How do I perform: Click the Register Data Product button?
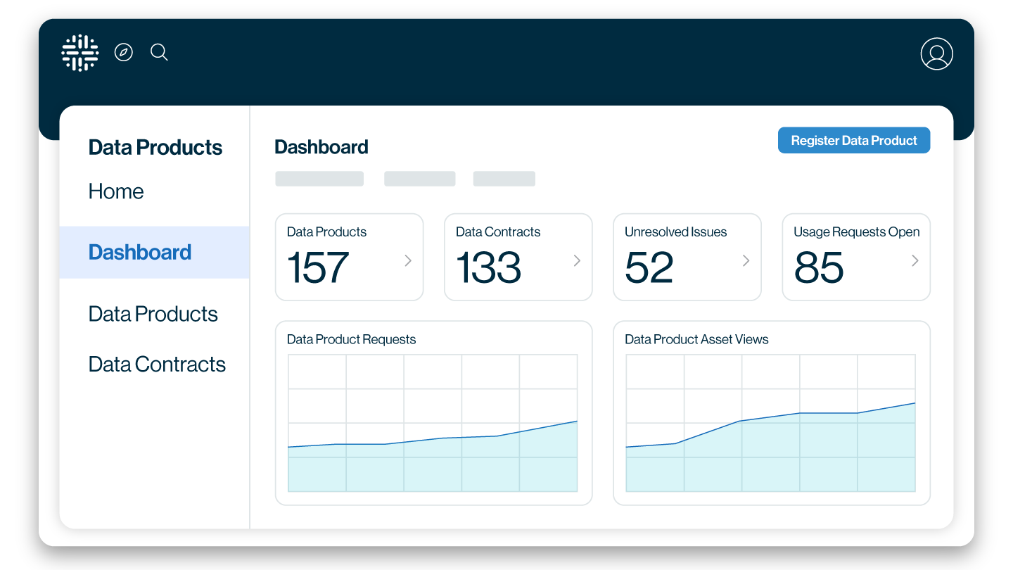853,141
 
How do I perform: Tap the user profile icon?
936,53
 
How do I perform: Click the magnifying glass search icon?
159,52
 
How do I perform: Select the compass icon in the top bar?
124,52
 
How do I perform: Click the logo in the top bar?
79,53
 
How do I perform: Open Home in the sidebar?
116,191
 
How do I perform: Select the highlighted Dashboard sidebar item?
140,253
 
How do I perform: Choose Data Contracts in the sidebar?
157,365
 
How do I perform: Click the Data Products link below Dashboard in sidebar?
153,314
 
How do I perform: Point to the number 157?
318,268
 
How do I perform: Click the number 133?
488,268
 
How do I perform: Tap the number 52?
649,268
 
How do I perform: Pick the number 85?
819,268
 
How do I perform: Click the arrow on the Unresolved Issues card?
746,261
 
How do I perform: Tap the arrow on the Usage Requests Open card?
915,261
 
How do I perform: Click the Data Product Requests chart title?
351,340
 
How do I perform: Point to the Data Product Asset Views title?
696,340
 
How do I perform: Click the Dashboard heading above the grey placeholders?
321,147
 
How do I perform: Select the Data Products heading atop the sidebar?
155,148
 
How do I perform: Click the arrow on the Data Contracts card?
577,261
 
